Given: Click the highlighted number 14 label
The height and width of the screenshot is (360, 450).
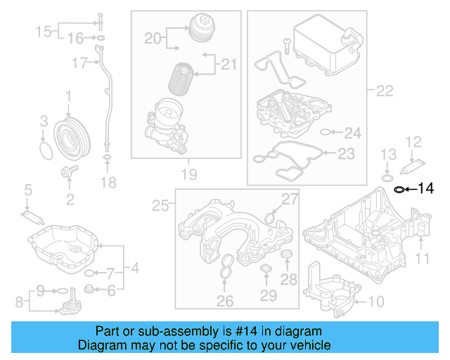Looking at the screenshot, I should pos(426,188).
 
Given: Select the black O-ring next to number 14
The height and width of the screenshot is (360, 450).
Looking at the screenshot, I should pos(399,188).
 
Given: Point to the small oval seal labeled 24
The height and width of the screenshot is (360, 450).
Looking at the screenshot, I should pos(324,131).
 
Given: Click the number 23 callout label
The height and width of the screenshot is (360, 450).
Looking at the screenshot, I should pos(347,153).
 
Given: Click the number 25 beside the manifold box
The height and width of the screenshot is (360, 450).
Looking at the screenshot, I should pos(161,205).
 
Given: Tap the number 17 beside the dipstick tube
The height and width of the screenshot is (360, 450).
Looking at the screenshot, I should pos(79,63).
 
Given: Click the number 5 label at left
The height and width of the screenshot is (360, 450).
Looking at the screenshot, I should pos(27,189).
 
